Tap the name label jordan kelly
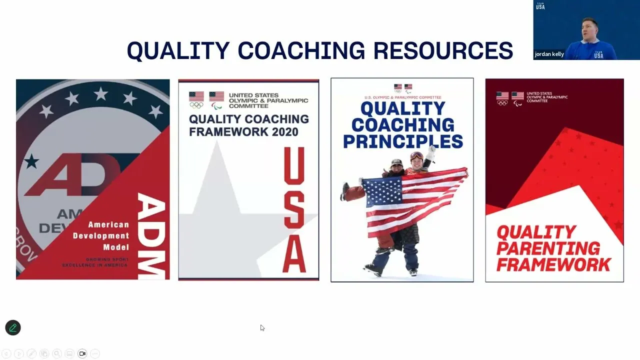click(549, 54)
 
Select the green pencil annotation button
click(13, 327)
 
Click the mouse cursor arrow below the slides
click(262, 327)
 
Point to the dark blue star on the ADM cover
click(31, 161)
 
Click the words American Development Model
click(101, 236)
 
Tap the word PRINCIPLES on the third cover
click(402, 141)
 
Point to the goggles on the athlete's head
click(416, 155)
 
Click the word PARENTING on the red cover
click(548, 248)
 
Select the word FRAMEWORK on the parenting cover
click(553, 264)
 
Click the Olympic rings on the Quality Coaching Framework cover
click(196, 105)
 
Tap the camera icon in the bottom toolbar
click(82, 353)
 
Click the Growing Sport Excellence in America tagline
click(95, 262)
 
